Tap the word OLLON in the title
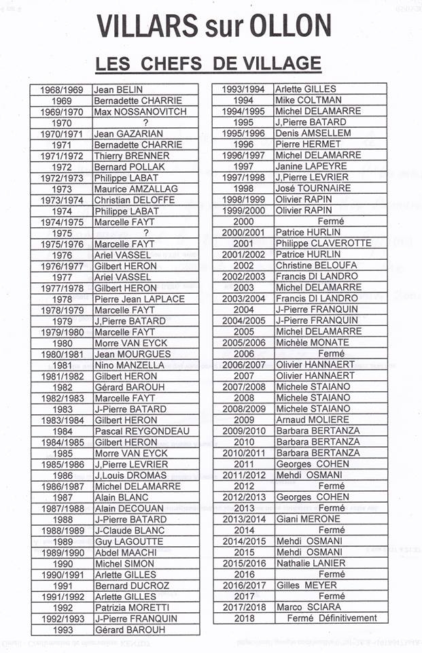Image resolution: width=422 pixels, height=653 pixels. click(x=294, y=26)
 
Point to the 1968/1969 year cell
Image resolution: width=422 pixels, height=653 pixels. click(x=62, y=89)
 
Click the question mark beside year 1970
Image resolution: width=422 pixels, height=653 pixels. click(x=145, y=122)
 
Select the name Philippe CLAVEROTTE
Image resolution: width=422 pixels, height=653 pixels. click(x=323, y=244)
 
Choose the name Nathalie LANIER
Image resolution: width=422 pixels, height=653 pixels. click(x=311, y=563)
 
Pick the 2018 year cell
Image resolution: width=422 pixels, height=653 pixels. click(x=243, y=618)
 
